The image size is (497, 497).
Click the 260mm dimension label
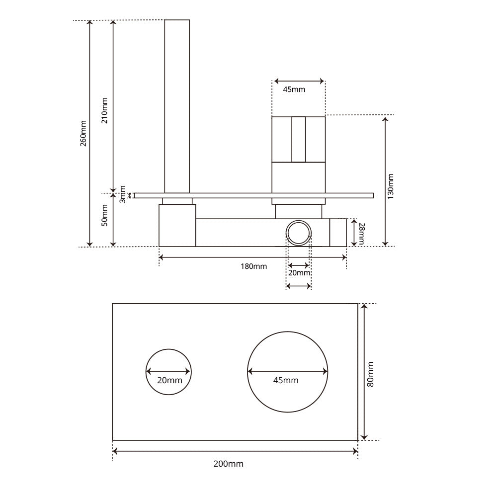83,133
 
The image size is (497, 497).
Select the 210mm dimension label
104,110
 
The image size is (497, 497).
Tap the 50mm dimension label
104,216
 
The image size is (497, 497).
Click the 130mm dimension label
391,186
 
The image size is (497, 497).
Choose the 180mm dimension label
254,266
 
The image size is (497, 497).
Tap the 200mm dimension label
228,464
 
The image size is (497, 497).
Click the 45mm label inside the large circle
286,380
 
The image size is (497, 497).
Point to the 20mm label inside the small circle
169,380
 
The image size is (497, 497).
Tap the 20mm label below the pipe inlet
299,273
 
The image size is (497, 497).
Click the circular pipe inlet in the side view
299,233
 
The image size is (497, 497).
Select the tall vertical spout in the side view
177,104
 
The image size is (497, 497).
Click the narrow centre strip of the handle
299,139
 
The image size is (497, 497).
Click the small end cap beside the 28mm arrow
338,232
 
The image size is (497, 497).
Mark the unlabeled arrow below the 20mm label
299,286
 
